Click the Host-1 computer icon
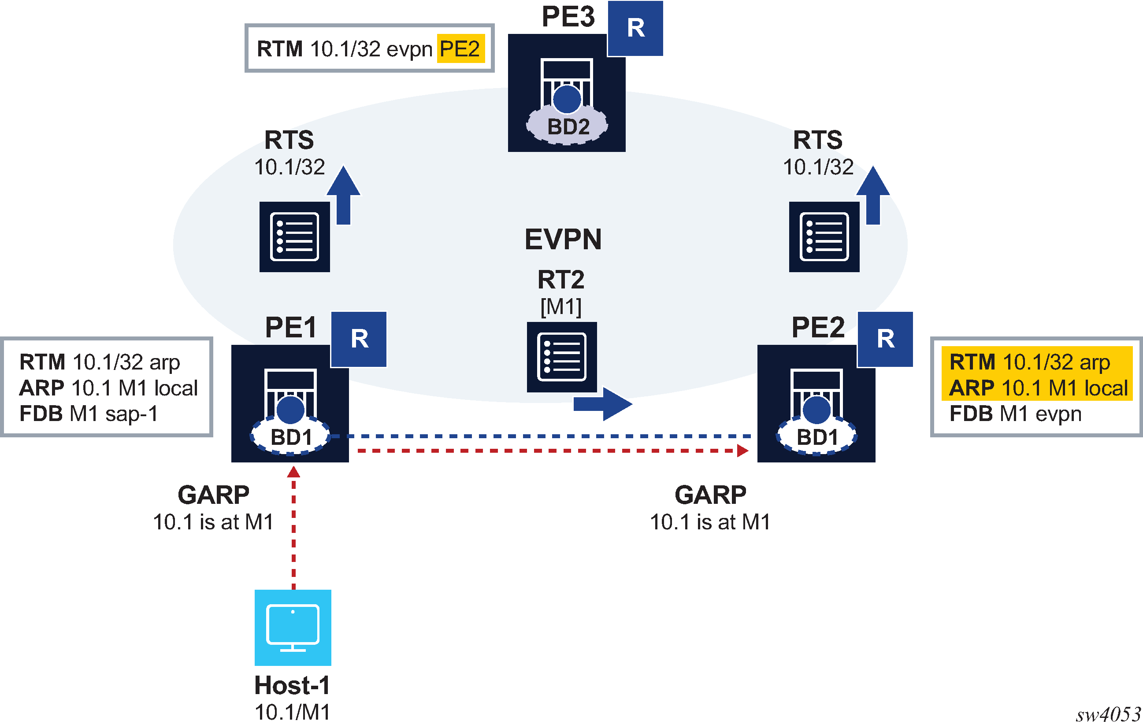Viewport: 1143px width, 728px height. pyautogui.click(x=293, y=628)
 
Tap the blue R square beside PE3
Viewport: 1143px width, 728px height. pyautogui.click(x=635, y=29)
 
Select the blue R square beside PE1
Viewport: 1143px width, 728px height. pyautogui.click(x=359, y=339)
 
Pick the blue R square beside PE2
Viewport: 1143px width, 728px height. pyautogui.click(x=885, y=339)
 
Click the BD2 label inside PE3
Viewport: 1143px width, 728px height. pyautogui.click(x=568, y=127)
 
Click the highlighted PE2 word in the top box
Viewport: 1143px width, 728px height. pyautogui.click(x=460, y=49)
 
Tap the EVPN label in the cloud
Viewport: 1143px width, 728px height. pyautogui.click(x=563, y=239)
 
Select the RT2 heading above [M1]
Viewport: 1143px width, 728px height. pyautogui.click(x=560, y=280)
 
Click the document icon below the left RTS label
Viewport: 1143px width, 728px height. pyautogui.click(x=294, y=237)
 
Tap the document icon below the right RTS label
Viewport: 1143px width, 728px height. pyautogui.click(x=824, y=237)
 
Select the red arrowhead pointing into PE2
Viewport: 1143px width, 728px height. pyautogui.click(x=743, y=451)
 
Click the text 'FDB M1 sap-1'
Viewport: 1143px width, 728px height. pyautogui.click(x=88, y=414)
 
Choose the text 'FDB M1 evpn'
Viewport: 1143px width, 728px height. pyautogui.click(x=1015, y=414)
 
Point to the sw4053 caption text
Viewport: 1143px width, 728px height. pyautogui.click(x=1108, y=714)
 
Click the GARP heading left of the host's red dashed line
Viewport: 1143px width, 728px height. pyautogui.click(x=213, y=495)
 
